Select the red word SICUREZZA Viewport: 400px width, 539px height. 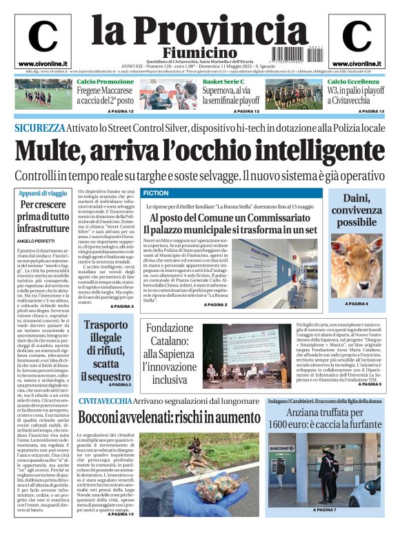[x=40, y=128]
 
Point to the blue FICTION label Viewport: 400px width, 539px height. [x=155, y=193]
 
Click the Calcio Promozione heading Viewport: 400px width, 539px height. [x=106, y=82]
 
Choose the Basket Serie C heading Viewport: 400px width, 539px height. [x=224, y=82]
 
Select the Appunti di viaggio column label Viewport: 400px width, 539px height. [x=43, y=193]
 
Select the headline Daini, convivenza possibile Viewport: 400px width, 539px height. [x=357, y=210]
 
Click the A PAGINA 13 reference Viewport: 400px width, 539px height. [x=370, y=111]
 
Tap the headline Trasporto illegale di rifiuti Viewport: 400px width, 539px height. [x=106, y=351]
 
